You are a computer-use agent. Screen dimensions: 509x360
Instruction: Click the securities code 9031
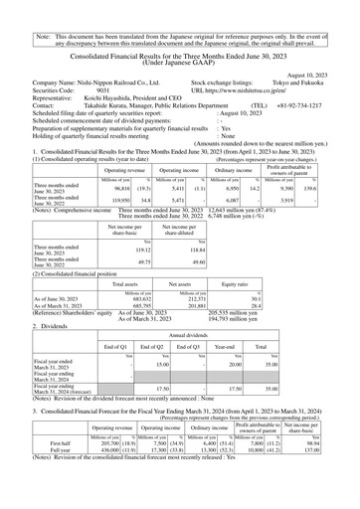(103, 89)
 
